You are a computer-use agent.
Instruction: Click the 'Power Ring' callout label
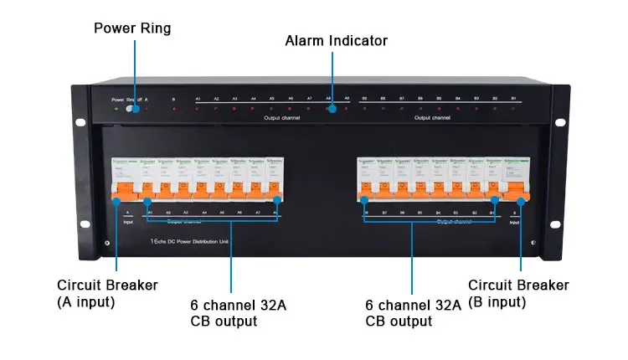tap(132, 28)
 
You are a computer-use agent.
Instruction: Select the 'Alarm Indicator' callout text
tap(337, 40)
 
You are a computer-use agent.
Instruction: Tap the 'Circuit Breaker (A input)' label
tap(107, 293)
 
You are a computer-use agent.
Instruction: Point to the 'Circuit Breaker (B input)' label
tap(518, 293)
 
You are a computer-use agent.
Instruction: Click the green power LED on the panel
tap(116, 109)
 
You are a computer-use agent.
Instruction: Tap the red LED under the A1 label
tap(198, 109)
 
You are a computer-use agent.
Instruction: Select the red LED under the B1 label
tap(513, 109)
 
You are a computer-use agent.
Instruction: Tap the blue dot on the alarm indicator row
tap(332, 109)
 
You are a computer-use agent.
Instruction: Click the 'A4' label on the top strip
tap(253, 99)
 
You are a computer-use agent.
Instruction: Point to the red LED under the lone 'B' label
tap(174, 109)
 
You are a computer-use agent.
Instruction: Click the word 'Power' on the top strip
tap(117, 99)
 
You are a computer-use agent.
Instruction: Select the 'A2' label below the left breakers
tap(168, 213)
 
